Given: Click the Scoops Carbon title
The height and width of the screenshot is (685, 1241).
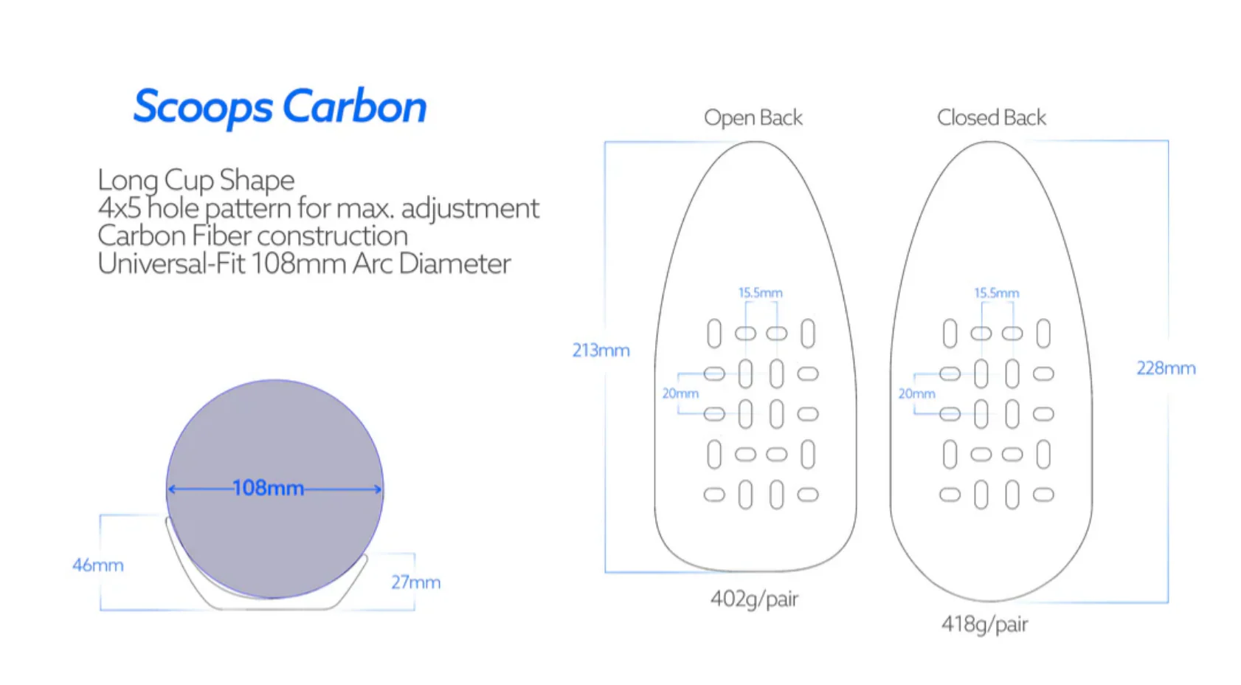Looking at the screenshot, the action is [280, 107].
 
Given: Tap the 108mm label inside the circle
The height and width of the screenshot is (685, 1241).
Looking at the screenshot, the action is [268, 488].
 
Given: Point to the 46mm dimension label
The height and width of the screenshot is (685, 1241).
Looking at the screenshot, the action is [98, 565].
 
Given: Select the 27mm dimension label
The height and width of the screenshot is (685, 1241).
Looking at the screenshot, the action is [416, 582].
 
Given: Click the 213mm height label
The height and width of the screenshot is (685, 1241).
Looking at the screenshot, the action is [601, 351].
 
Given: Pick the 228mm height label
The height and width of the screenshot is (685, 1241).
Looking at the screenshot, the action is [1166, 368].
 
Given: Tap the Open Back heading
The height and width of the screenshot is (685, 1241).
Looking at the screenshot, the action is [753, 117].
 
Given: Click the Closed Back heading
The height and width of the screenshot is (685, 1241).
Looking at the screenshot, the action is [992, 117].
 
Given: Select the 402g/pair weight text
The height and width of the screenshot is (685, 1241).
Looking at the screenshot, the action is [755, 599].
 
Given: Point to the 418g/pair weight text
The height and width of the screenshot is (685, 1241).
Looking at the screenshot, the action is [984, 624].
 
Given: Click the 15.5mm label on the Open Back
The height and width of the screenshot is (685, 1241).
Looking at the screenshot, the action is [761, 292].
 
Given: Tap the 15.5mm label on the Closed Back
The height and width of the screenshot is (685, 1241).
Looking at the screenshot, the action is [997, 292].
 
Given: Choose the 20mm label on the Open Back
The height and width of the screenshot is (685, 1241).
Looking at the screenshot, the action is [680, 393].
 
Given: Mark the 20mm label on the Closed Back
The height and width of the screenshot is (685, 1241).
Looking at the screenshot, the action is [917, 393].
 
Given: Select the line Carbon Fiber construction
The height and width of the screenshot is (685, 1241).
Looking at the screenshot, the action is [252, 236].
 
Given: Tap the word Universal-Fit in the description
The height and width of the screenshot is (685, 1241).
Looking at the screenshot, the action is [171, 264].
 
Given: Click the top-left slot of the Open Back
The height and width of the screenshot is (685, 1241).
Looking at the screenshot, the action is [714, 334].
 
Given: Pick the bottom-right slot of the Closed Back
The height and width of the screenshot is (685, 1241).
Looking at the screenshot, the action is [1044, 495].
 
